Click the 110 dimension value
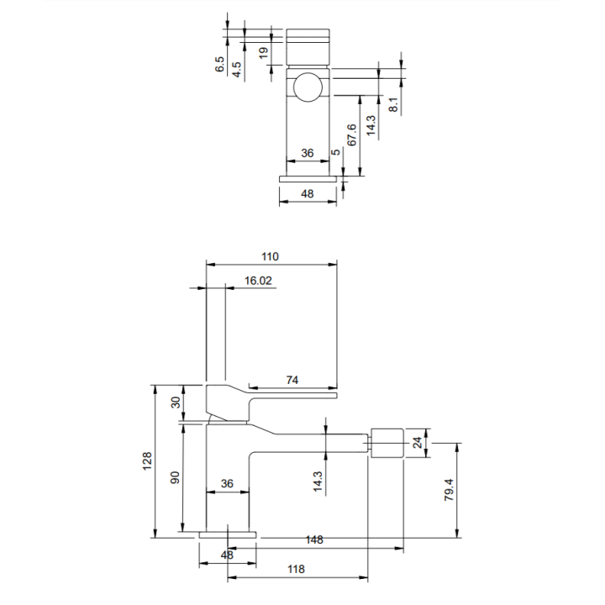click(270, 256)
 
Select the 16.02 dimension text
click(258, 281)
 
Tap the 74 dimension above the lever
click(292, 380)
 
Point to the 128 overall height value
click(147, 461)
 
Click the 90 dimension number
click(175, 477)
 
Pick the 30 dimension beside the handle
click(176, 402)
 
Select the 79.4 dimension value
click(449, 490)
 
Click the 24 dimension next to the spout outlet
click(418, 443)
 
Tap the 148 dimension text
click(314, 539)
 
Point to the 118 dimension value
click(296, 569)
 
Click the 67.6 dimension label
click(351, 135)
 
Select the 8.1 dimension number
click(392, 104)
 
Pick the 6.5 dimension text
click(219, 64)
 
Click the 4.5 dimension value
click(236, 70)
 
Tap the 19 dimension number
click(264, 53)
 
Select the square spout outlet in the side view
click(387, 443)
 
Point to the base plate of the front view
click(308, 179)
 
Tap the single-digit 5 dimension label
click(336, 152)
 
